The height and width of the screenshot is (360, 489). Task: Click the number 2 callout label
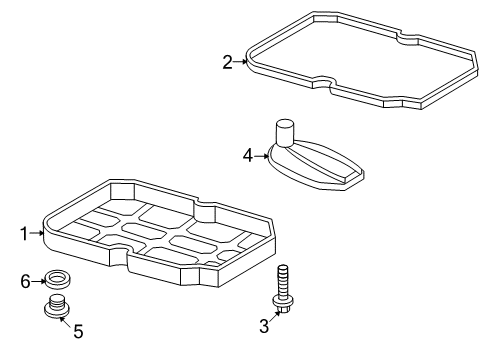(x=228, y=62)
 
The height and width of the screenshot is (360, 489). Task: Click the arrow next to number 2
(x=240, y=62)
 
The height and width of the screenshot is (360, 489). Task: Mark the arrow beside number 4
(x=261, y=154)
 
